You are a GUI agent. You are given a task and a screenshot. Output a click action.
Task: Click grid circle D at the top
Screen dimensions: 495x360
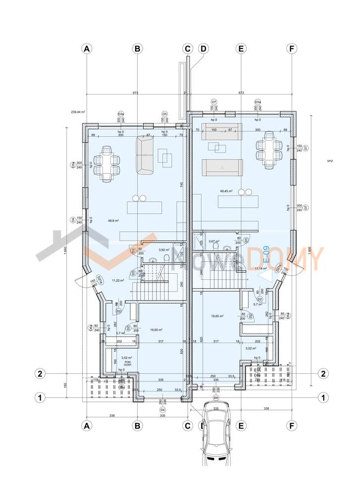pyautogui.click(x=203, y=49)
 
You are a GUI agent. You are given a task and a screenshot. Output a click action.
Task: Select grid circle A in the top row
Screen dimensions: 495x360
pyautogui.click(x=87, y=49)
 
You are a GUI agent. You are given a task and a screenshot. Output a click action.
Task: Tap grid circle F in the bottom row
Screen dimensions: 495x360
pyautogui.click(x=292, y=425)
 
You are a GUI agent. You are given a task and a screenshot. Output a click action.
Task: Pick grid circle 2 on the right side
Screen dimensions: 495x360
pyautogui.click(x=323, y=373)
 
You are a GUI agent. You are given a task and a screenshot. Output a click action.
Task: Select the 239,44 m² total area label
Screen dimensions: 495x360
pyautogui.click(x=78, y=112)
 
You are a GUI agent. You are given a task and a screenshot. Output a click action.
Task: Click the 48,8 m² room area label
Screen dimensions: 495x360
pyautogui.click(x=113, y=221)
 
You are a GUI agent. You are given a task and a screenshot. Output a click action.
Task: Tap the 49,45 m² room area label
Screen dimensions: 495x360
pyautogui.click(x=226, y=191)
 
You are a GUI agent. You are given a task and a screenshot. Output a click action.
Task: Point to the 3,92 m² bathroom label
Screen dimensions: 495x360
pyautogui.click(x=164, y=250)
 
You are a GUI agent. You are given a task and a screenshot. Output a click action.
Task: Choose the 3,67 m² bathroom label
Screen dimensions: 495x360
pyautogui.click(x=214, y=242)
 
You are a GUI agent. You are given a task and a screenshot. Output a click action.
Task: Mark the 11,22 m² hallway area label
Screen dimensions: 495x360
pyautogui.click(x=117, y=281)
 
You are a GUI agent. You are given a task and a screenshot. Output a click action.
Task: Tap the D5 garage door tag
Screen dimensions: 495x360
pyautogui.click(x=215, y=397)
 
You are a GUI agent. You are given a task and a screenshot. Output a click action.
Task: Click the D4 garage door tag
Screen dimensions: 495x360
pyautogui.click(x=162, y=410)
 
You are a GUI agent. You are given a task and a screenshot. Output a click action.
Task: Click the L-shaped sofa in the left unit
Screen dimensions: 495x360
pyautogui.click(x=145, y=156)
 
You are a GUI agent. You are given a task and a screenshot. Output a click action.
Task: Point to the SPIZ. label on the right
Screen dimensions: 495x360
pyautogui.click(x=330, y=161)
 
